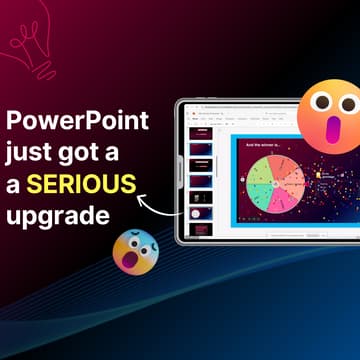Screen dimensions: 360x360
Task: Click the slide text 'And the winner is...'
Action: click(x=263, y=144)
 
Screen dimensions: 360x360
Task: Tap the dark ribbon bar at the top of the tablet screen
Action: click(x=260, y=116)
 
